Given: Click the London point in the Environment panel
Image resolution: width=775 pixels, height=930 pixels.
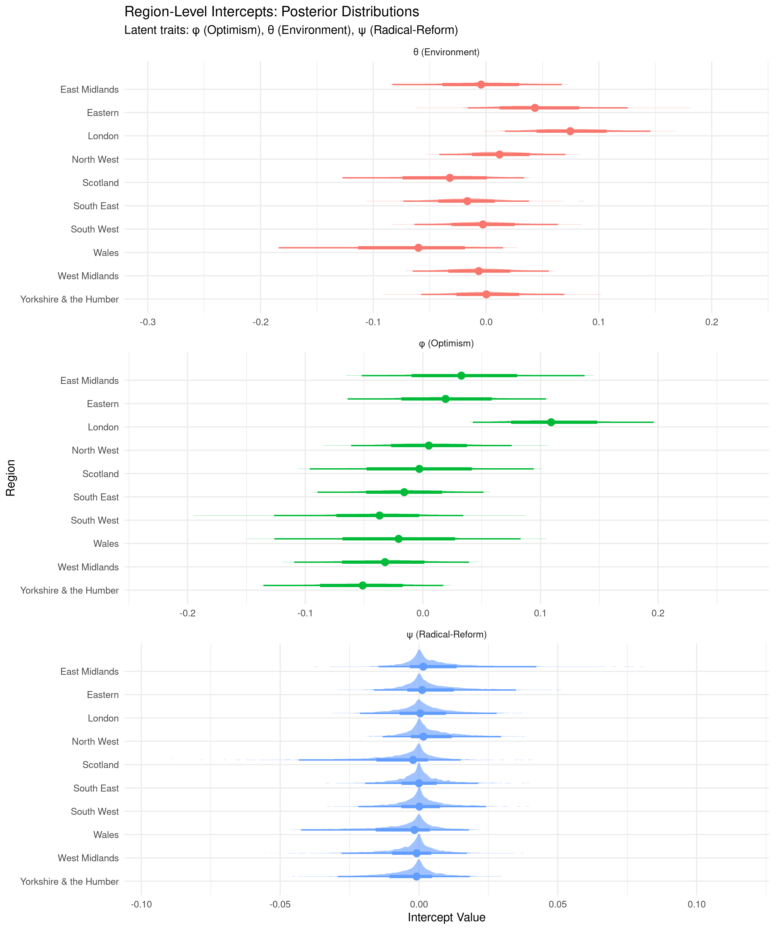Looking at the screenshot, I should tap(570, 131).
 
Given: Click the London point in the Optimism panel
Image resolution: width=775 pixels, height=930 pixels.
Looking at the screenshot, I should tap(551, 422).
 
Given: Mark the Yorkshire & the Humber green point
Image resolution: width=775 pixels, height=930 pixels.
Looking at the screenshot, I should tap(363, 585).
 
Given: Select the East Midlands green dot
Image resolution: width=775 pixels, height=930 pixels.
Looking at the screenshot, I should tap(461, 376).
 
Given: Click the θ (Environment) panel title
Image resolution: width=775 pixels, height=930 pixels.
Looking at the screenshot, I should tap(446, 52).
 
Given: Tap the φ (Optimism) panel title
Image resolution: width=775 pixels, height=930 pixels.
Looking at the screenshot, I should tap(446, 343).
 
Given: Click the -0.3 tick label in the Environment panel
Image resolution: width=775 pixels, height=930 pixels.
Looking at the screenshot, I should tap(148, 322).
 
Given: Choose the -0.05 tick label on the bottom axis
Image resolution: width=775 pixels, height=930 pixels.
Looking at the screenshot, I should tap(280, 904).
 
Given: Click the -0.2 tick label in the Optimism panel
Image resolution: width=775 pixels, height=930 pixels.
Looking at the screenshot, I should tap(187, 613).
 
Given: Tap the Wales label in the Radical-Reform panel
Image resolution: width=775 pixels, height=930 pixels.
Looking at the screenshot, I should tap(106, 835).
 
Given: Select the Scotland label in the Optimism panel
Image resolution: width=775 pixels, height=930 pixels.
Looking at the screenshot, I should tap(100, 474).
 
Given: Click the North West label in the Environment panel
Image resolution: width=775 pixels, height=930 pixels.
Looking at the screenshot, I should tap(95, 159).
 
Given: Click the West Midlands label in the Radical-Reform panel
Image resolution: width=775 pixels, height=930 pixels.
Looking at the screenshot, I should tap(88, 858).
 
